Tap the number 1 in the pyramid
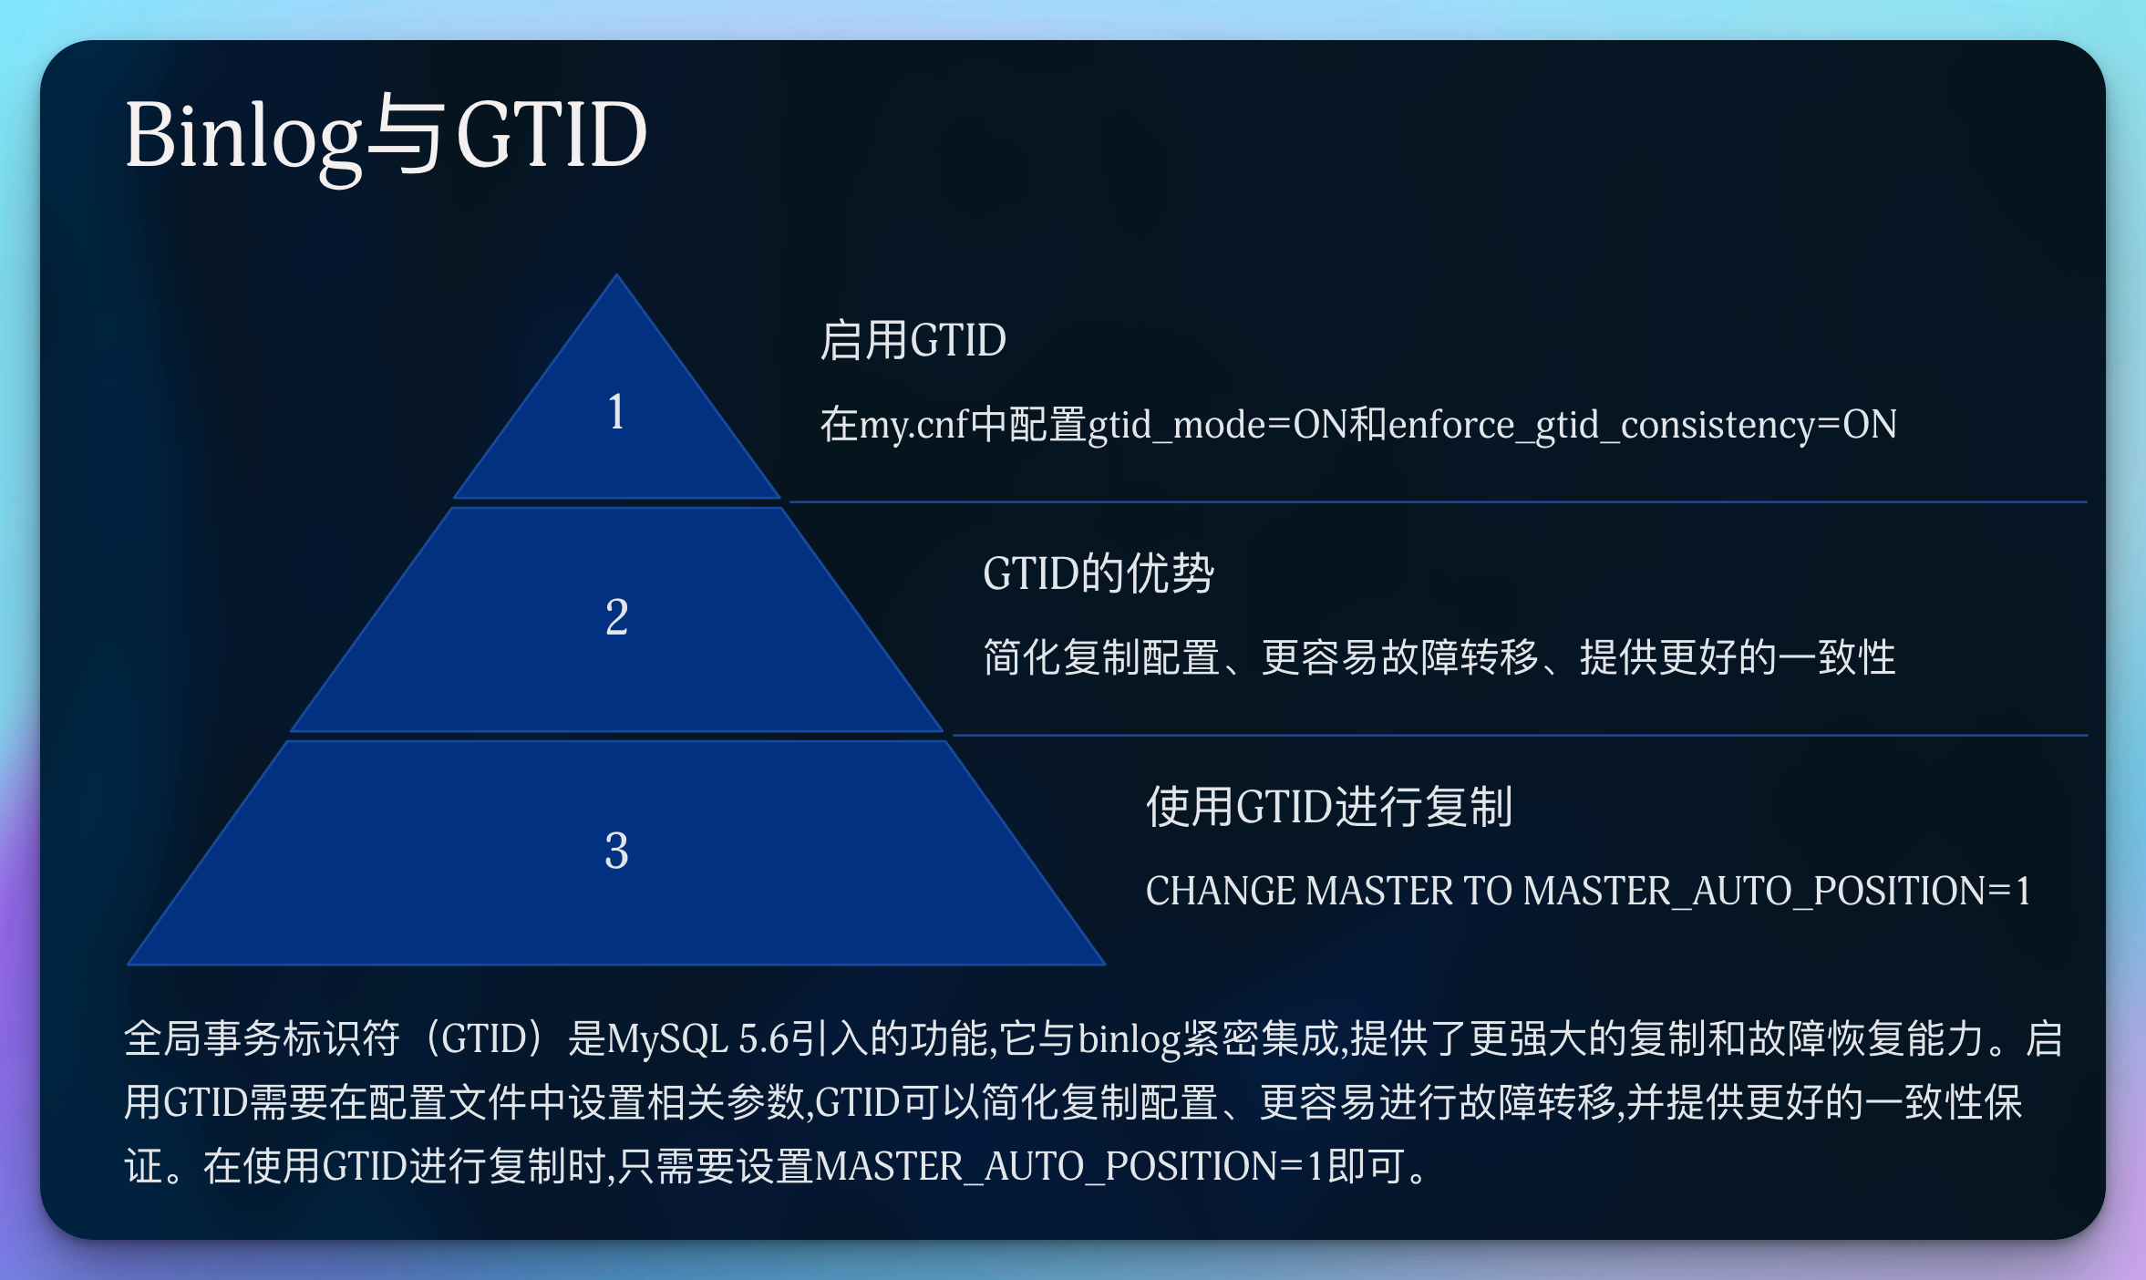[x=616, y=412]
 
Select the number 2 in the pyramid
[x=616, y=617]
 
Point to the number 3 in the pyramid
[x=616, y=851]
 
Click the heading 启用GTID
[x=913, y=341]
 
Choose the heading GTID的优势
[x=1098, y=574]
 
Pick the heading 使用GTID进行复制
[x=1329, y=808]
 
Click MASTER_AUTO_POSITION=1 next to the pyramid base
[x=1776, y=892]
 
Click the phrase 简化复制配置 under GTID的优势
[x=1101, y=658]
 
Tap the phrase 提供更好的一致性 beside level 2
[x=1737, y=658]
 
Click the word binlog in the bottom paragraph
[x=1129, y=1039]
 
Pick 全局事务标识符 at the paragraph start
[x=262, y=1039]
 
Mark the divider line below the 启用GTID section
[x=1437, y=501]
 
